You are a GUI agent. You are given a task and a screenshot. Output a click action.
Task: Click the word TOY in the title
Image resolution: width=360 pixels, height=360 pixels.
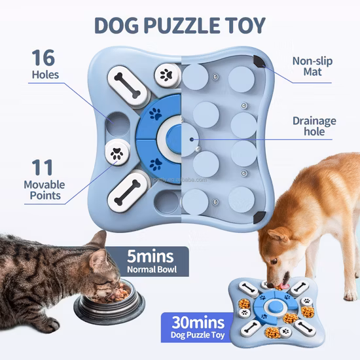coord(243,25)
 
